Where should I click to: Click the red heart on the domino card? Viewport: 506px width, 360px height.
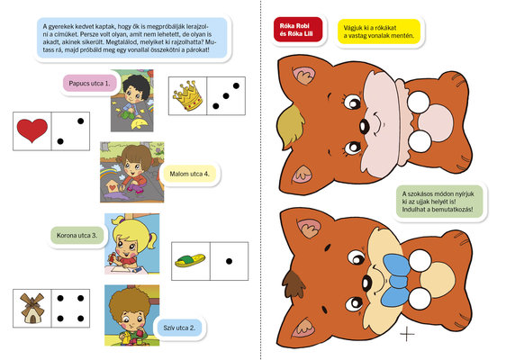32,130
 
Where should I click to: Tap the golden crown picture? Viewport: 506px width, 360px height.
188,95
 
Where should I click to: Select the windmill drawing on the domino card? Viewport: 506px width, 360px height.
32,308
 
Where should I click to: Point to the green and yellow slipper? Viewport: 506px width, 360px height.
190,261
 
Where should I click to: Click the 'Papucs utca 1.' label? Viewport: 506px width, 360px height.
89,83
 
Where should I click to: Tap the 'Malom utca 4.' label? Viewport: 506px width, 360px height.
189,174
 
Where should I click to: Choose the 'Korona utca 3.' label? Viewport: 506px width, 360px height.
77,235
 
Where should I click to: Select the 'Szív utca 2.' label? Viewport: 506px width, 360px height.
179,328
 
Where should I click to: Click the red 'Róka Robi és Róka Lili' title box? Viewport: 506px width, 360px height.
298,30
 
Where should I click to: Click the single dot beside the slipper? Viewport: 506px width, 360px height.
229,261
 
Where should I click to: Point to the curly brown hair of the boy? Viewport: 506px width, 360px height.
129,302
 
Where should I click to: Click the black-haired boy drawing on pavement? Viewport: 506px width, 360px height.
132,100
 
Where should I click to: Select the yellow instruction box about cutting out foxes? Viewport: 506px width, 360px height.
379,31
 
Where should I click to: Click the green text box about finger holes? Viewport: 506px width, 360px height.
439,202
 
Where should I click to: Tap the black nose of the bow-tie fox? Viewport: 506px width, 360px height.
367,283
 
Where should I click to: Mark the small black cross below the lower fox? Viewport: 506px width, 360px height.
407,333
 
